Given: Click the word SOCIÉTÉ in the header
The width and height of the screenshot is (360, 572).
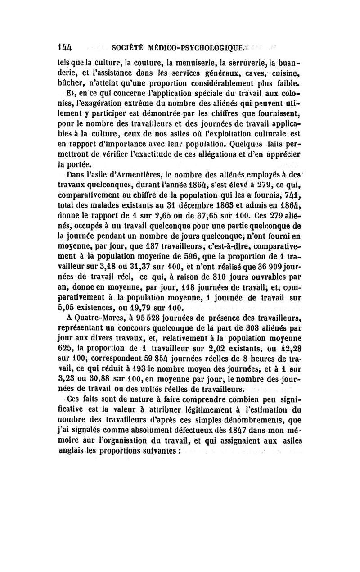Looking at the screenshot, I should coord(126,46).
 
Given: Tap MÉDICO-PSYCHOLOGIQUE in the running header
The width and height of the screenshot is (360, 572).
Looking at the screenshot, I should coord(194,46).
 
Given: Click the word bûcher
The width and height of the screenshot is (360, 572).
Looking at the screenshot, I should coord(70,83).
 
